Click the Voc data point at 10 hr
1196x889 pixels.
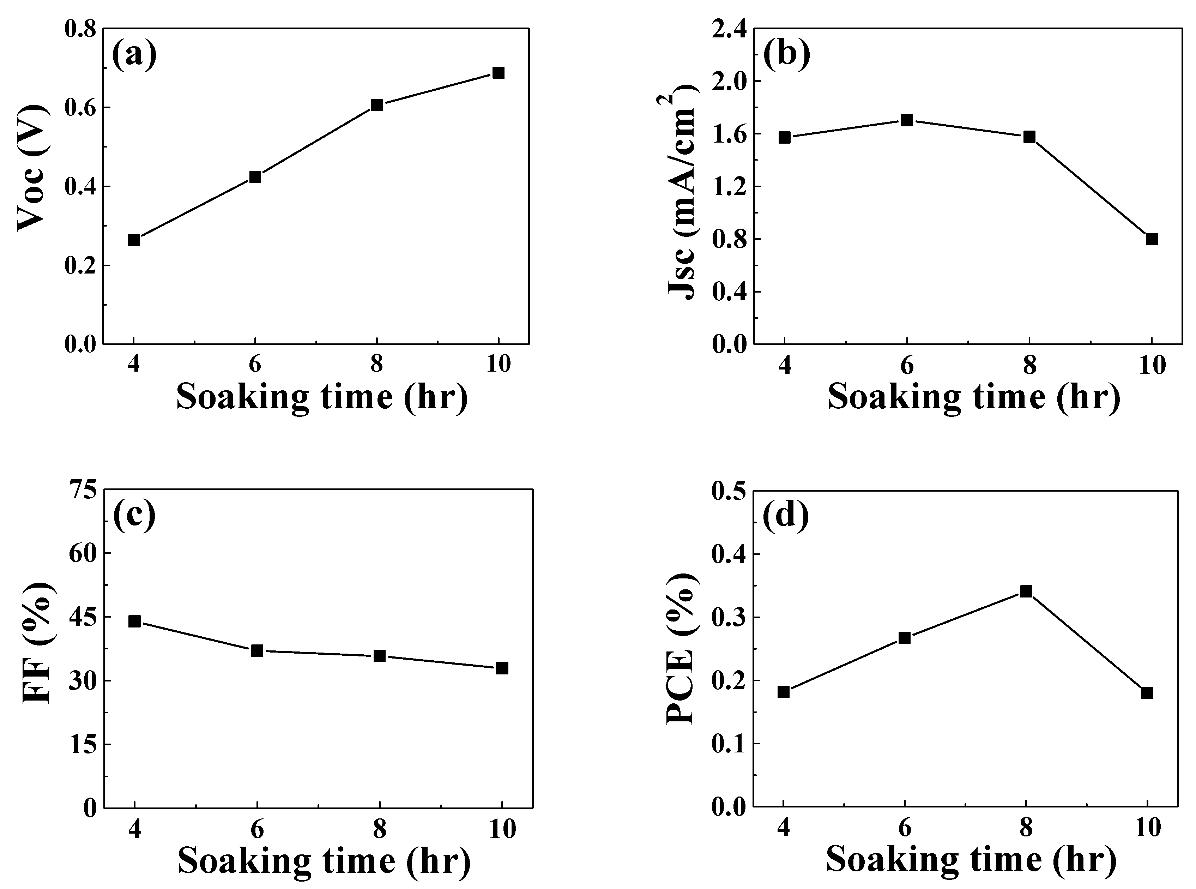coord(498,73)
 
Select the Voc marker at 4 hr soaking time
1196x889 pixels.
coord(133,240)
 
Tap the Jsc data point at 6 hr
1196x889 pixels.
coord(907,120)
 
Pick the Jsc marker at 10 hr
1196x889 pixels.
coord(1151,239)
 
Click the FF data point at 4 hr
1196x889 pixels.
coord(134,621)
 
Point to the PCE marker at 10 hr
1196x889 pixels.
coord(1147,692)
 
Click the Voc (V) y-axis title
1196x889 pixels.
coord(32,168)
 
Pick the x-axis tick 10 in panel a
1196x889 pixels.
coord(498,365)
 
